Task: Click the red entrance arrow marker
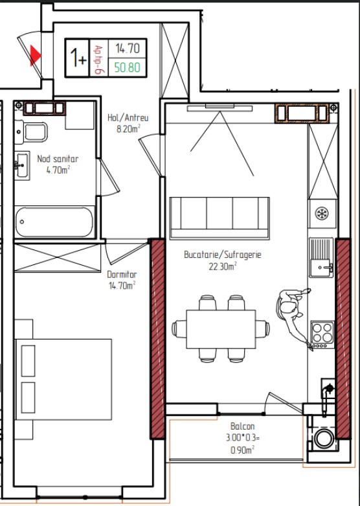pos(35,56)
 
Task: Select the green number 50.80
pos(128,67)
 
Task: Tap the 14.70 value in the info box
pos(128,49)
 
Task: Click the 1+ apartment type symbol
pos(78,58)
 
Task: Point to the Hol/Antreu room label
pos(128,117)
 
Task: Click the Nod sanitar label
pos(58,159)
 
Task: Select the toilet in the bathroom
pos(30,132)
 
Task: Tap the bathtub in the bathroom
pos(54,222)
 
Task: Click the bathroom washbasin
pos(22,165)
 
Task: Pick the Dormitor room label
pos(122,275)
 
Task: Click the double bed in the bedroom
pos(63,379)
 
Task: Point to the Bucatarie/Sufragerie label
pos(223,255)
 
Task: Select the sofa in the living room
pos(219,218)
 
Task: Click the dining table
pos(221,329)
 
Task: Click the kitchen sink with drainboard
pos(321,257)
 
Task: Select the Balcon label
pos(243,426)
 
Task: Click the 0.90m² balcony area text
pos(243,450)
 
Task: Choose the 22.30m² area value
pos(223,266)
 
